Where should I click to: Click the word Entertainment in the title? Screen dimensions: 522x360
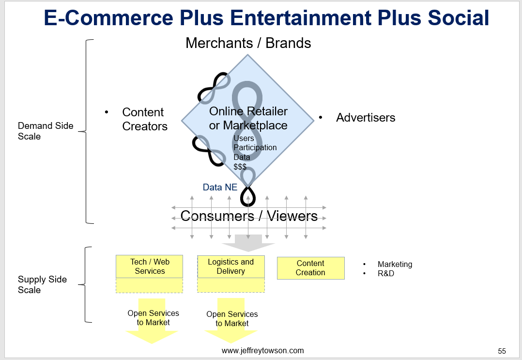(301, 17)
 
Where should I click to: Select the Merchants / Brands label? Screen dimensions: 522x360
(248, 43)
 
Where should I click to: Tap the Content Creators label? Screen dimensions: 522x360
(144, 119)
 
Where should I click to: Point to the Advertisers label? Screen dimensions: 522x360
(366, 118)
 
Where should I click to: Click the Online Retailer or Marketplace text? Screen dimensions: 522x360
(248, 118)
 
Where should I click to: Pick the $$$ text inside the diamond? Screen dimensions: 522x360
(240, 167)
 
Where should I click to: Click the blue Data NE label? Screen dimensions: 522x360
(220, 187)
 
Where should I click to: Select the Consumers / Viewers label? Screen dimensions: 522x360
(249, 216)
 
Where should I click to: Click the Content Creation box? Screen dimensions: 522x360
(310, 268)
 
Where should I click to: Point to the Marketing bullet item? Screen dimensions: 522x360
(395, 264)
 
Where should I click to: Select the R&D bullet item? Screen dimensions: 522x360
(386, 273)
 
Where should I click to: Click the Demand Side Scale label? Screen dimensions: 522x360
(46, 131)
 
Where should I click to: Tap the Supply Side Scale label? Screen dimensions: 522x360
(42, 284)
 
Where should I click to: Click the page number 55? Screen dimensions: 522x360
(502, 351)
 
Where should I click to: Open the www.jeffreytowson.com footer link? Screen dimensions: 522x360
(262, 351)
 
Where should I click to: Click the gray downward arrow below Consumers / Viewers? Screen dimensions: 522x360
(248, 243)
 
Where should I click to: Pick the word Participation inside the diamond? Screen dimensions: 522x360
(255, 147)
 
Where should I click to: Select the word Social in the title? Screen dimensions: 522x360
(459, 17)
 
